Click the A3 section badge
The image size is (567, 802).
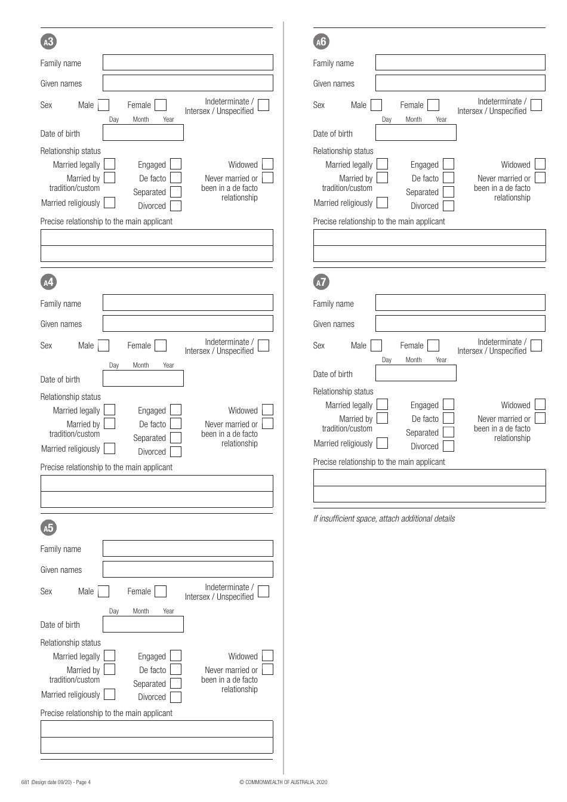(48, 41)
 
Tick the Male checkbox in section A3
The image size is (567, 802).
(103, 105)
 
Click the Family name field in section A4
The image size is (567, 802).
(187, 303)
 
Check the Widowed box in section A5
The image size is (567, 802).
(267, 656)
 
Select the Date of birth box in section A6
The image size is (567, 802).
(415, 132)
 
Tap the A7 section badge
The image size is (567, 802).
(321, 282)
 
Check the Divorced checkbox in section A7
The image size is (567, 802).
(448, 446)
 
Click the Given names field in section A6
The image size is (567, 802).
(460, 83)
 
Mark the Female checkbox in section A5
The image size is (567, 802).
(161, 591)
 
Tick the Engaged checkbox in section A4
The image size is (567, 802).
(175, 410)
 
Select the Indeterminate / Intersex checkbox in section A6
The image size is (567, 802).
(536, 105)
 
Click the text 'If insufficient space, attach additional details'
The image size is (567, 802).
(384, 519)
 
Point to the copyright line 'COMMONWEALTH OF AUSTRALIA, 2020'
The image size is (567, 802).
(283, 782)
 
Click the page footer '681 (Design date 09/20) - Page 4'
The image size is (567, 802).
(56, 782)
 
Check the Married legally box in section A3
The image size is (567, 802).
(110, 164)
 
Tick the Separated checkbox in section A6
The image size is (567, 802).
(448, 192)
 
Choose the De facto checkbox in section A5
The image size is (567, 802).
(175, 670)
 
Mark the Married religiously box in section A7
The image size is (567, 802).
(382, 443)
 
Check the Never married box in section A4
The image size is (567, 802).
(267, 424)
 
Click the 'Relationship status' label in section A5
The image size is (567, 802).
(70, 643)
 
